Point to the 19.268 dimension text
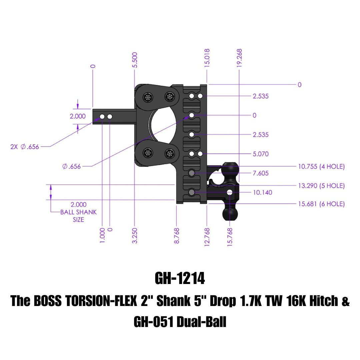point(239,58)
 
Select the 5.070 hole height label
point(261,154)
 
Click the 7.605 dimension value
point(261,173)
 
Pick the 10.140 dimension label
point(263,192)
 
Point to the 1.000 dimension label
point(102,235)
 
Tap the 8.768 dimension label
point(177,235)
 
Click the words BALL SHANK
point(79,212)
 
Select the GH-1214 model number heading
point(180,279)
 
